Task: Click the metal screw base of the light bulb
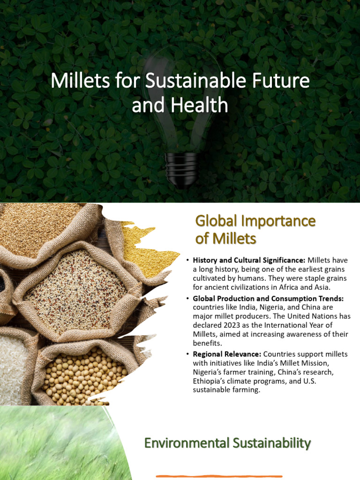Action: pos(181,169)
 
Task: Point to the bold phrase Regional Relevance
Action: pos(227,354)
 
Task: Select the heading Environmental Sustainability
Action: pos(227,442)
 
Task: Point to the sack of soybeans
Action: pos(84,375)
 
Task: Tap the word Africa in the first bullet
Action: pos(293,287)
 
